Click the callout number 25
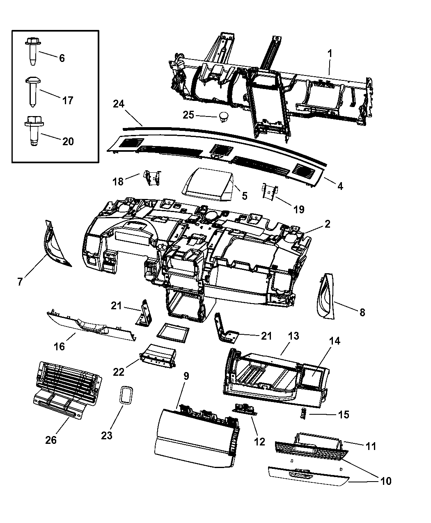point(188,115)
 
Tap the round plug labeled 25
point(224,116)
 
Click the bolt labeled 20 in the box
point(32,129)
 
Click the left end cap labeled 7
point(55,244)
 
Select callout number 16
point(60,346)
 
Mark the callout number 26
point(51,440)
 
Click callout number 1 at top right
point(329,54)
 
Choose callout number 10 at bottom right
point(386,481)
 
